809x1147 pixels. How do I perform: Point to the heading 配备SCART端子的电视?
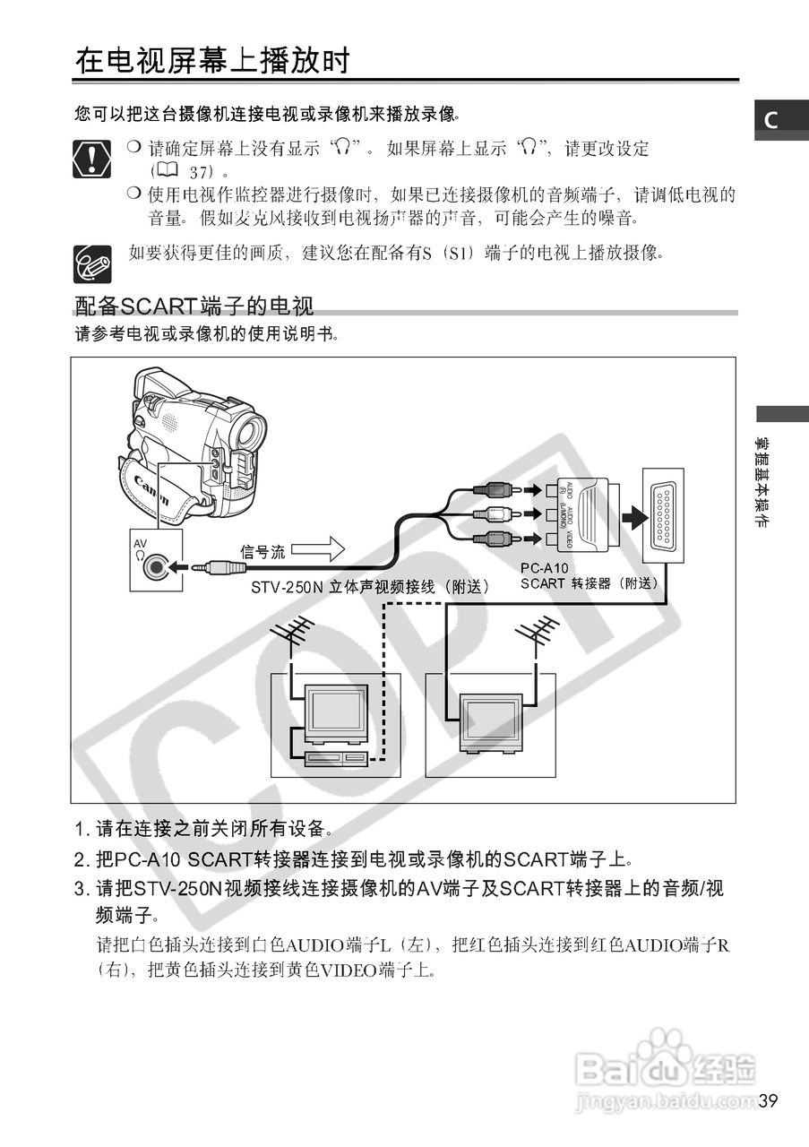194,307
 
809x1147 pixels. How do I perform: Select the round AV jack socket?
158,566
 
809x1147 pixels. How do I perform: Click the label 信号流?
262,552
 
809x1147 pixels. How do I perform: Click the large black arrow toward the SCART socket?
633,516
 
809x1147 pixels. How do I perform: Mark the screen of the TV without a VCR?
489,717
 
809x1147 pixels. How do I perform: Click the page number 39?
767,1101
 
